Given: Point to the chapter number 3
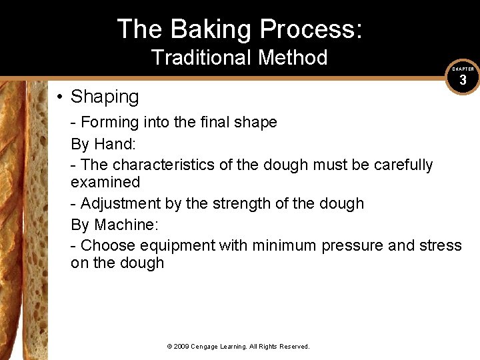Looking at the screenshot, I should click(463, 81).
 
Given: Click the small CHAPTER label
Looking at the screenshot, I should click(463, 69).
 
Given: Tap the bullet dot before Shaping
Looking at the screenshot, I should click(59, 97).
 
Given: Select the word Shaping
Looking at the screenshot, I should click(105, 97).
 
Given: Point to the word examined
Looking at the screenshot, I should click(105, 182).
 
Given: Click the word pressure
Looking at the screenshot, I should click(352, 246).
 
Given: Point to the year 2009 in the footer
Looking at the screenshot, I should click(182, 347).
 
